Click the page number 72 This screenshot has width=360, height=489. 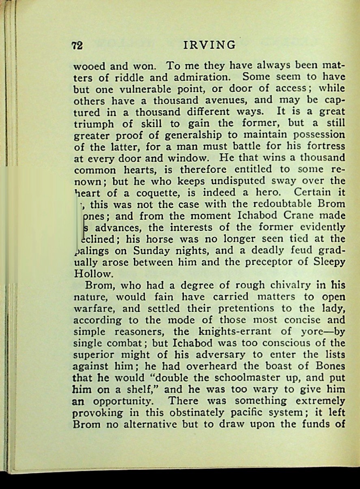tap(77, 45)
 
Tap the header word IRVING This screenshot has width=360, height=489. tap(209, 45)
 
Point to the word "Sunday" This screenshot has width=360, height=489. tap(156, 250)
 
